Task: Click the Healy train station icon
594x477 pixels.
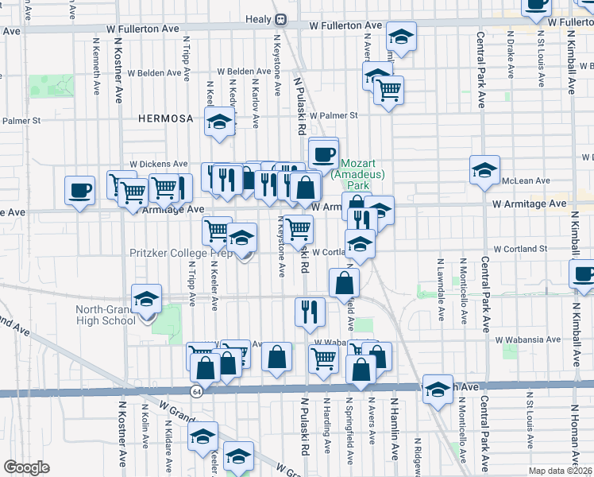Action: coord(280,19)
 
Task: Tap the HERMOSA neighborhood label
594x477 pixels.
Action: coord(165,118)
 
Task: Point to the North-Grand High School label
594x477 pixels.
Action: coord(106,315)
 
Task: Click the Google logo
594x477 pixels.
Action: coord(26,467)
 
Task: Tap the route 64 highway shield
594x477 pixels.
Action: coord(195,391)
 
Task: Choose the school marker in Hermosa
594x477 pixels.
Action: coord(219,122)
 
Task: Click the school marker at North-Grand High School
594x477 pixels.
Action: coord(146,299)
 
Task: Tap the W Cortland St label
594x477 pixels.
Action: coord(520,249)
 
